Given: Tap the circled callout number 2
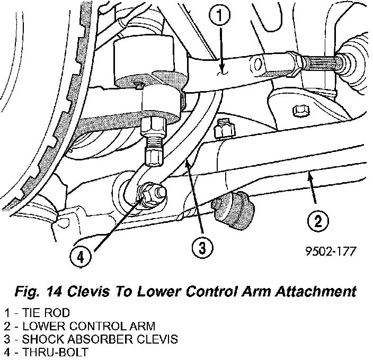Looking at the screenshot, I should point(317,221).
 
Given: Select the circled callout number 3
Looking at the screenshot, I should point(202,247).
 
